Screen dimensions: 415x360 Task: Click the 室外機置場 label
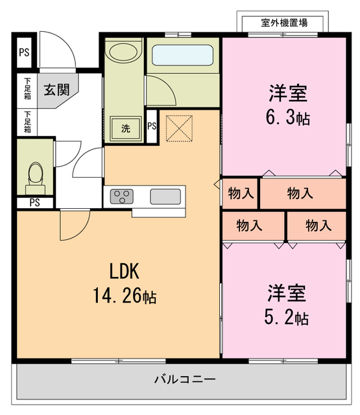click(284, 23)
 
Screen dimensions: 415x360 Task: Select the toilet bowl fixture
click(36, 174)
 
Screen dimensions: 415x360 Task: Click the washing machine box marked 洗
click(126, 128)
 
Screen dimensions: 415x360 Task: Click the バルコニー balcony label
click(185, 379)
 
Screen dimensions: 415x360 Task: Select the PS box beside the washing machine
click(151, 126)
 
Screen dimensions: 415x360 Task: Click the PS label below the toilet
click(34, 202)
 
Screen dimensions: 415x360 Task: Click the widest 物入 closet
click(302, 193)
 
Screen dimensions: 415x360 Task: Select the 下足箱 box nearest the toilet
click(27, 121)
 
